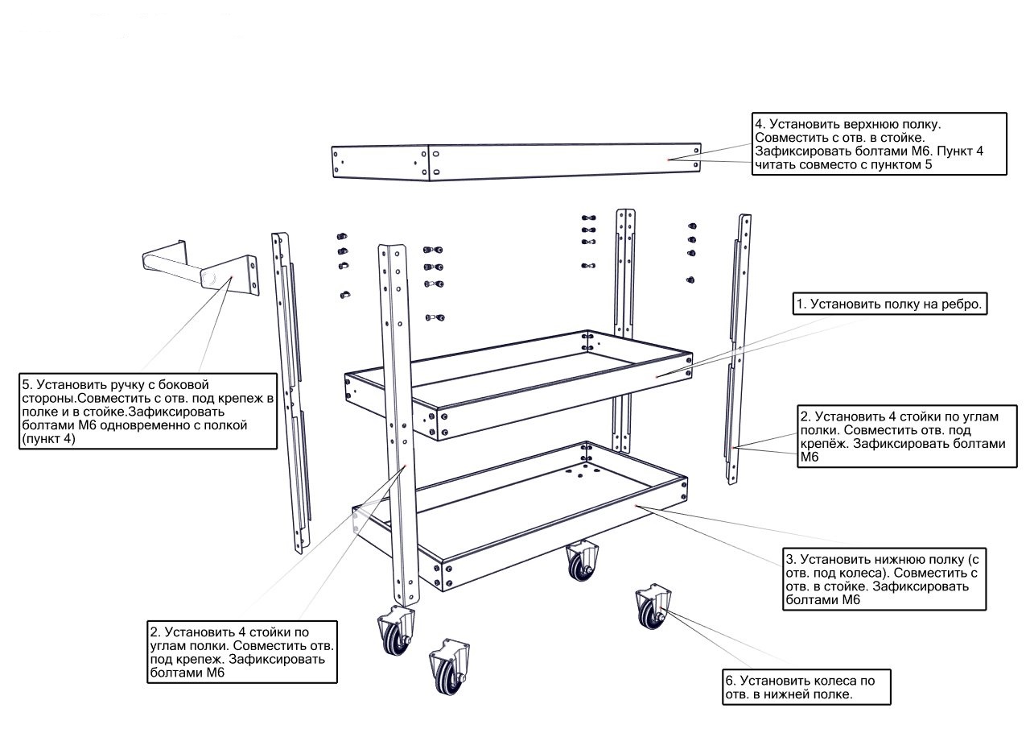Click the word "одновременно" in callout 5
coord(169,425)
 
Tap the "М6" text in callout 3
coord(847,600)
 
